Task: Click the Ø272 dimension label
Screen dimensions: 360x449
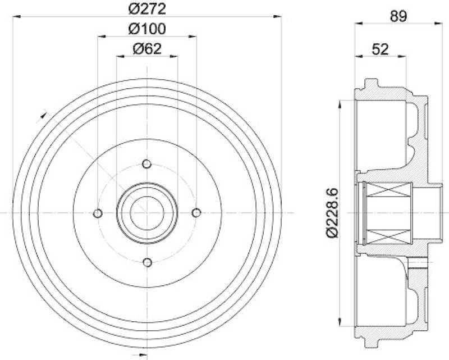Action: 147,9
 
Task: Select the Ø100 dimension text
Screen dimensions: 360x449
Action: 147,29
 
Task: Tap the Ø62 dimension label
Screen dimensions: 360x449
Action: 147,49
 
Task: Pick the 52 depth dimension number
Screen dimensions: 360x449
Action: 381,49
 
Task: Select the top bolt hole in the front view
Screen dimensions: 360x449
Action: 147,164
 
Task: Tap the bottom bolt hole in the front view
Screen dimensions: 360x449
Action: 147,262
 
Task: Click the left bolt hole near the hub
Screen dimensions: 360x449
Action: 98,213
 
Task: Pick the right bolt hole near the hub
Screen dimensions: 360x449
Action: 196,213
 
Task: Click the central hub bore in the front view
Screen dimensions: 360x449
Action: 147,213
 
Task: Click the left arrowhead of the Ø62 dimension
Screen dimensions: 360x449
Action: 119,56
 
